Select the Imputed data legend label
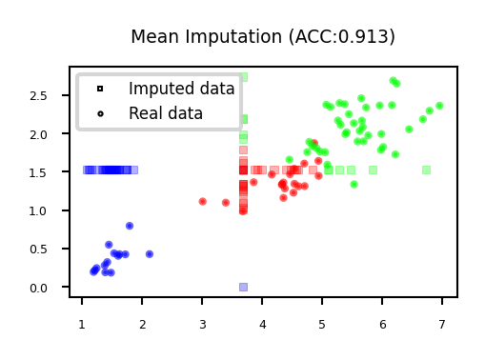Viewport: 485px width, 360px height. coord(181,89)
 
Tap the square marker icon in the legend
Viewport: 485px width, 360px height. coord(100,89)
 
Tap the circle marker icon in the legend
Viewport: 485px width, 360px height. coord(100,113)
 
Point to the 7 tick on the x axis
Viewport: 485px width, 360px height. coord(442,325)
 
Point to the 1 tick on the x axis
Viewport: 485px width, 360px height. coord(81,325)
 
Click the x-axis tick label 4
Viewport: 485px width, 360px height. coord(262,325)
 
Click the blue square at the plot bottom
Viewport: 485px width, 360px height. coord(243,287)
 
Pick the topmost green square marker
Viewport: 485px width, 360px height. coord(243,76)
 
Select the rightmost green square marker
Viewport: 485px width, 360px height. coord(426,170)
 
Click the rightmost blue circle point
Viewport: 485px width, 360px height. coord(150,254)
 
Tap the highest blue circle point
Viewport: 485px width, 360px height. coord(130,226)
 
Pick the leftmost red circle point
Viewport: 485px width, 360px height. coord(202,201)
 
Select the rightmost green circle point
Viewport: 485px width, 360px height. coord(439,106)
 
